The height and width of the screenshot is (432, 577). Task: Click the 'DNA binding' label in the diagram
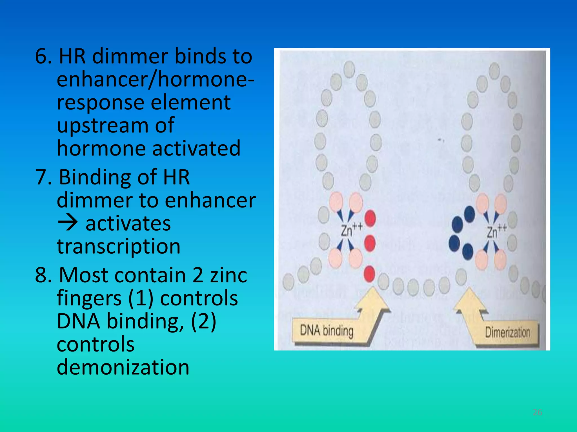[327, 330]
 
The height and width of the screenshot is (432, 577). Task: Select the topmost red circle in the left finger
[370, 218]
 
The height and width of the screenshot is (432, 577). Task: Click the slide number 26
[537, 412]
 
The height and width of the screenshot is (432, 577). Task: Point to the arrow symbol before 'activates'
[68, 224]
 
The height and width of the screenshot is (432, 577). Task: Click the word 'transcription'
[118, 246]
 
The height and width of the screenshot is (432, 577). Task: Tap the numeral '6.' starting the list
[44, 56]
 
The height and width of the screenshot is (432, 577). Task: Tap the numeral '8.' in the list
[44, 275]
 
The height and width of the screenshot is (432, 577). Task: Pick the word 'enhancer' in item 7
[210, 201]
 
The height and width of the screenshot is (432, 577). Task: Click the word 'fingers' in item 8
[89, 298]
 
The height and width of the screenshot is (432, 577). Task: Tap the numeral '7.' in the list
[44, 177]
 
